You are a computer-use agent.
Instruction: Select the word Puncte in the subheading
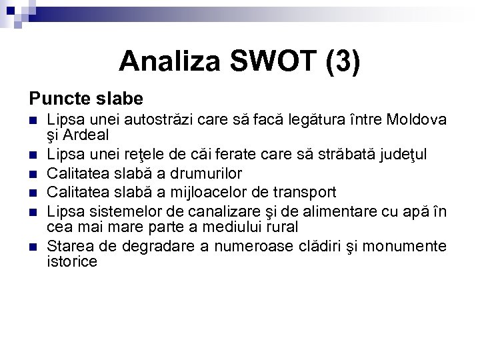coord(56,99)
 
